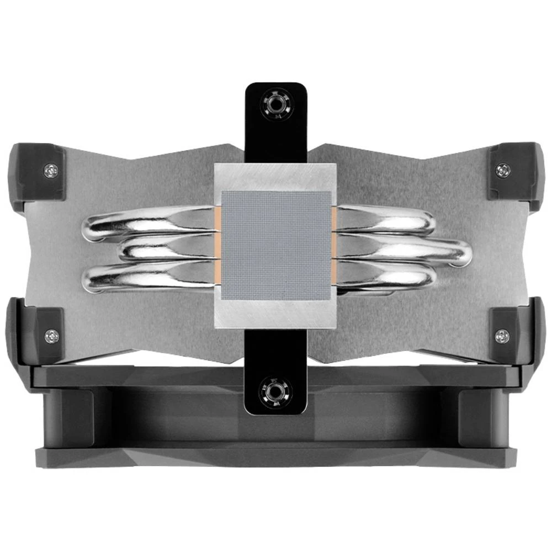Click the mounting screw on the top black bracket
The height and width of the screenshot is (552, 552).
275,105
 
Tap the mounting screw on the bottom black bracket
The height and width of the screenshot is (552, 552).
275,392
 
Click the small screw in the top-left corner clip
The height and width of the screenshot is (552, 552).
50,171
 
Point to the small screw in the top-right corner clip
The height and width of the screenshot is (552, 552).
502,170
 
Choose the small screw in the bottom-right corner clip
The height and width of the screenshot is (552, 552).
502,335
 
